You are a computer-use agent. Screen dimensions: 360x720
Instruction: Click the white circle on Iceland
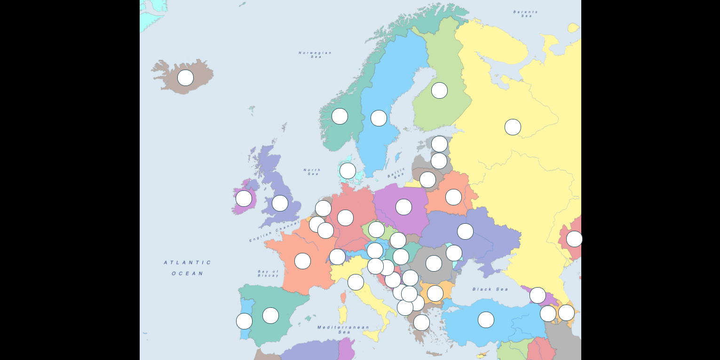click(x=185, y=78)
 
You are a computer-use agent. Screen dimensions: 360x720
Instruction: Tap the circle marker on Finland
click(x=439, y=90)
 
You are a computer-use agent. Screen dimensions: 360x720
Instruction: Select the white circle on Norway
click(x=340, y=116)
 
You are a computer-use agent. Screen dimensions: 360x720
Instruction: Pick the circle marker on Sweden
click(x=379, y=118)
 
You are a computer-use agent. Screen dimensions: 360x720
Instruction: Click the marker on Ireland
click(x=244, y=198)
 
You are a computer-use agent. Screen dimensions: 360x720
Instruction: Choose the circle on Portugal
click(x=244, y=321)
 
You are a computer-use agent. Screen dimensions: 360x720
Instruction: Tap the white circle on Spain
click(x=270, y=315)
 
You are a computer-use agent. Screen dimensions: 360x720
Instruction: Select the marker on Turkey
click(x=486, y=320)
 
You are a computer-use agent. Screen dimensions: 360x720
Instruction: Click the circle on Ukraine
click(x=465, y=231)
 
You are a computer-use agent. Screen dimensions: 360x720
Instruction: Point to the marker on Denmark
click(x=348, y=171)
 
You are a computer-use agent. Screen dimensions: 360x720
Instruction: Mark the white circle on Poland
click(x=404, y=207)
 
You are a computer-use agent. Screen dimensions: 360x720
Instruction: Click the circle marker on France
click(x=302, y=261)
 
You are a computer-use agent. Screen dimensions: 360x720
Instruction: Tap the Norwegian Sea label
click(x=315, y=55)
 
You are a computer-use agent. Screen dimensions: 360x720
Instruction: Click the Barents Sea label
click(x=525, y=14)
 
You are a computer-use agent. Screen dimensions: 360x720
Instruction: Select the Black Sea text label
click(x=490, y=289)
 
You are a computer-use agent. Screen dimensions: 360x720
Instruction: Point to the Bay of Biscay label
click(x=268, y=273)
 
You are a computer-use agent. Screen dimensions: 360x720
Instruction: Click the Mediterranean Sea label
click(x=343, y=329)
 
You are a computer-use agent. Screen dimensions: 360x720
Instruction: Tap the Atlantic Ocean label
click(x=188, y=268)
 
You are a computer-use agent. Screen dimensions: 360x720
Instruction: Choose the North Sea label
click(x=312, y=172)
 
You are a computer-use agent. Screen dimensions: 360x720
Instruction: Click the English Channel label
click(x=274, y=231)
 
